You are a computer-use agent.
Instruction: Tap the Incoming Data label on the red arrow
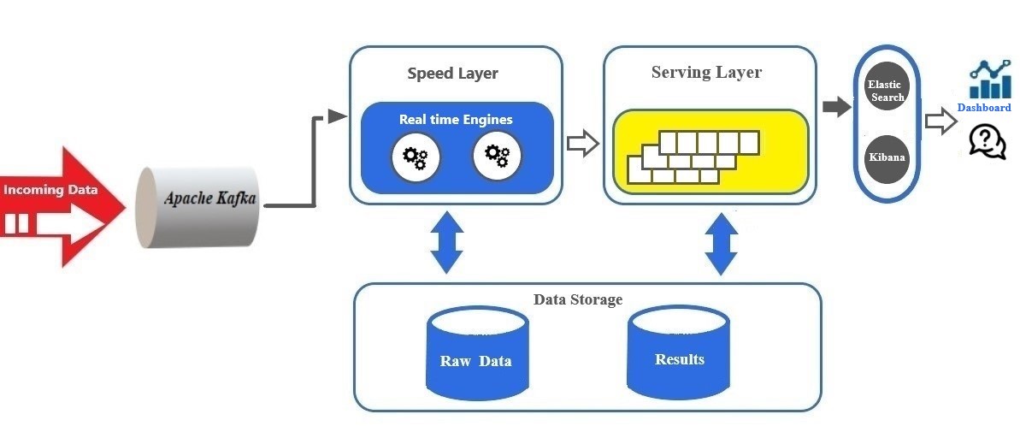[x=50, y=189]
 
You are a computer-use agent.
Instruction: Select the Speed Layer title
[x=452, y=74]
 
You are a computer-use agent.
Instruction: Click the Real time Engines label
[x=456, y=120]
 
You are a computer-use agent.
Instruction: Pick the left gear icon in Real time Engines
[x=416, y=157]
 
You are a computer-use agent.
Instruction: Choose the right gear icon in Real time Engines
[x=497, y=155]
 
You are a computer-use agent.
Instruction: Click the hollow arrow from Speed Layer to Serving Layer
[x=582, y=143]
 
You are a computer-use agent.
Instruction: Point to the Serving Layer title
[x=706, y=72]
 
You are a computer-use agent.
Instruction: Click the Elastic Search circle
[x=886, y=90]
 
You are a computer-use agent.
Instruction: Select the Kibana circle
[x=886, y=158]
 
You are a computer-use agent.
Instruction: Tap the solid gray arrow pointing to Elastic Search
[x=836, y=107]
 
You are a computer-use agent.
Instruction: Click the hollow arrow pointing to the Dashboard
[x=940, y=122]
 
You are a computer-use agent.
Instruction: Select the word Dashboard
[x=984, y=108]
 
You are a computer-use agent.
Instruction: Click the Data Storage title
[x=578, y=300]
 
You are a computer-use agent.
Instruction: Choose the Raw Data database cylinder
[x=476, y=355]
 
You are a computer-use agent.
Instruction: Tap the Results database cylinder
[x=680, y=352]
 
